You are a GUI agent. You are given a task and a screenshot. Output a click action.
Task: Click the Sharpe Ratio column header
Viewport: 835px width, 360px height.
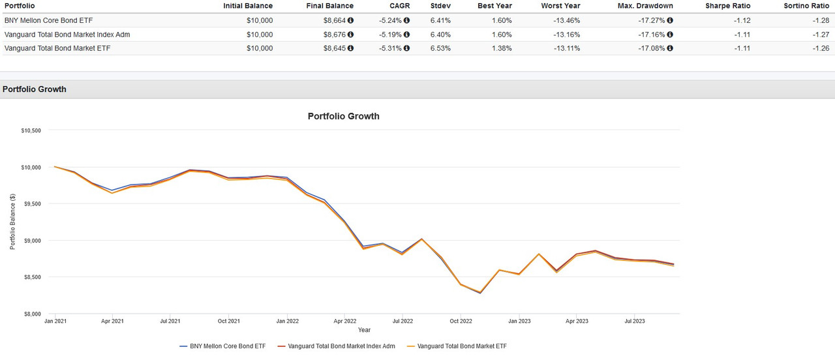[x=727, y=6]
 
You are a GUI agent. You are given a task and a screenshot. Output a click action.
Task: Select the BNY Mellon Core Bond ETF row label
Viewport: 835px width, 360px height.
[x=47, y=20]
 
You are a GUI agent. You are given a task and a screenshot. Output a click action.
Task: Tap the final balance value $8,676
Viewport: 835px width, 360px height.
[x=336, y=34]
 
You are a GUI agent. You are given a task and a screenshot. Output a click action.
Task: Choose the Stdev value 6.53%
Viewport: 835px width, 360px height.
[x=440, y=48]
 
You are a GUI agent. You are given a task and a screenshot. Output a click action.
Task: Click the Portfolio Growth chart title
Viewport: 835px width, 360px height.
[x=343, y=116]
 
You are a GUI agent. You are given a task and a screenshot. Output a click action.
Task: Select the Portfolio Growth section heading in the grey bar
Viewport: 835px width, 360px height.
[x=35, y=89]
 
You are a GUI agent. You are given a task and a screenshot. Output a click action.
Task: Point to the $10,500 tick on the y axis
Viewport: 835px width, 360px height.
[x=31, y=130]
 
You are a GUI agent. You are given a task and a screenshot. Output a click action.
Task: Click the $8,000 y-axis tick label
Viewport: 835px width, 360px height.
[x=31, y=314]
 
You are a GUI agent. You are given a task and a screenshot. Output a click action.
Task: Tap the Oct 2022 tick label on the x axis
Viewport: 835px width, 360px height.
[x=461, y=321]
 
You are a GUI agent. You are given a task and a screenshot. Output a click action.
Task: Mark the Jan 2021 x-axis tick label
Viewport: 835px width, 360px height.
[x=55, y=321]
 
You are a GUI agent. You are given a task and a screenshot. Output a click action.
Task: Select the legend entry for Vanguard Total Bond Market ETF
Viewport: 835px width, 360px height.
[x=461, y=346]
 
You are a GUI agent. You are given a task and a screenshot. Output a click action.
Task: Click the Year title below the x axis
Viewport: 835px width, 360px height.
[x=364, y=330]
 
